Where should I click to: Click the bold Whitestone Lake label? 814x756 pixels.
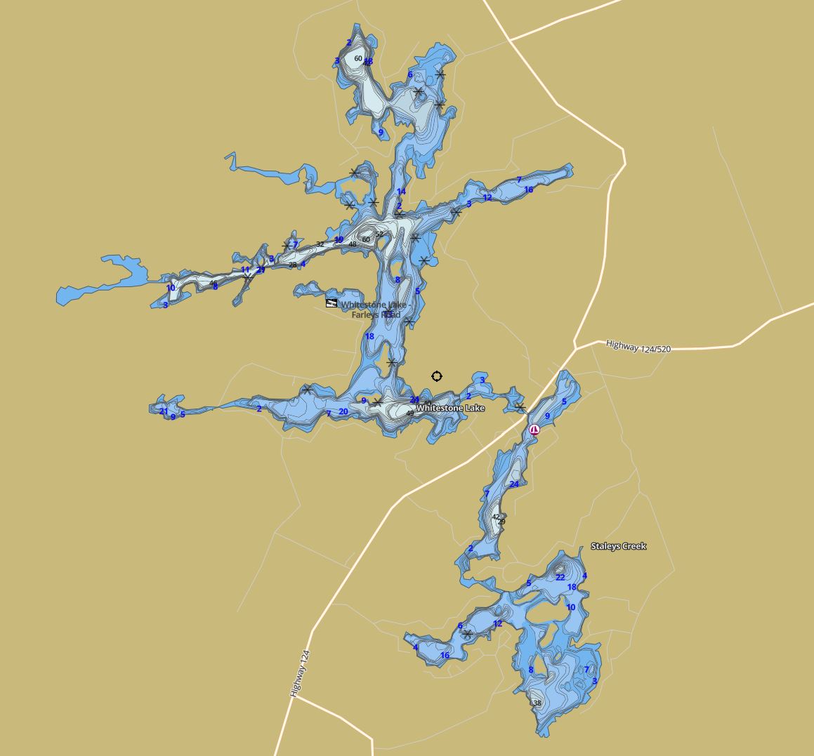[449, 408]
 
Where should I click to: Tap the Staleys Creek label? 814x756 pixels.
[618, 546]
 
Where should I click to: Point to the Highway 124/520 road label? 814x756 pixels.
[638, 346]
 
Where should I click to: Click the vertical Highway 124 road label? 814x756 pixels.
[300, 673]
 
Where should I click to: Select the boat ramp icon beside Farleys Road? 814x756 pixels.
[331, 303]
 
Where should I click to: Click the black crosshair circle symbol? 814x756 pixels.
[437, 376]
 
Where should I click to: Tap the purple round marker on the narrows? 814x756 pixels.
[534, 430]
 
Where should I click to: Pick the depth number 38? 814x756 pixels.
[537, 703]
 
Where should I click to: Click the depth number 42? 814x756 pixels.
[496, 517]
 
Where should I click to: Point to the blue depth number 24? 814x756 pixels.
[514, 484]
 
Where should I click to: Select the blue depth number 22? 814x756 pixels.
[560, 578]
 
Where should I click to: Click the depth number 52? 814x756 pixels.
[379, 234]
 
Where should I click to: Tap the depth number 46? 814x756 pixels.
[214, 284]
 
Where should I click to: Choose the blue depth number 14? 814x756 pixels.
[401, 192]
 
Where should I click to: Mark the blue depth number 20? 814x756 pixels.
[343, 412]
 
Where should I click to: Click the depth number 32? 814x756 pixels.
[320, 244]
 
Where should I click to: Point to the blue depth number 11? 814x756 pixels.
[245, 270]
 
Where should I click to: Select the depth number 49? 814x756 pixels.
[410, 413]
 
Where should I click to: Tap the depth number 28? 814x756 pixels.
[293, 265]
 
